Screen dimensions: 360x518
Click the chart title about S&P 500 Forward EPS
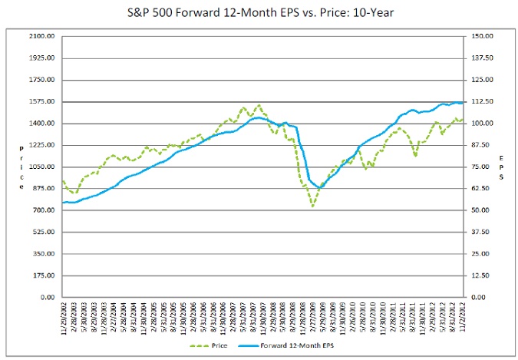point(259,13)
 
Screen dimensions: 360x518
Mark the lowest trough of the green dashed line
point(312,206)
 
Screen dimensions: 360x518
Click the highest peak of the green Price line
point(259,105)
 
